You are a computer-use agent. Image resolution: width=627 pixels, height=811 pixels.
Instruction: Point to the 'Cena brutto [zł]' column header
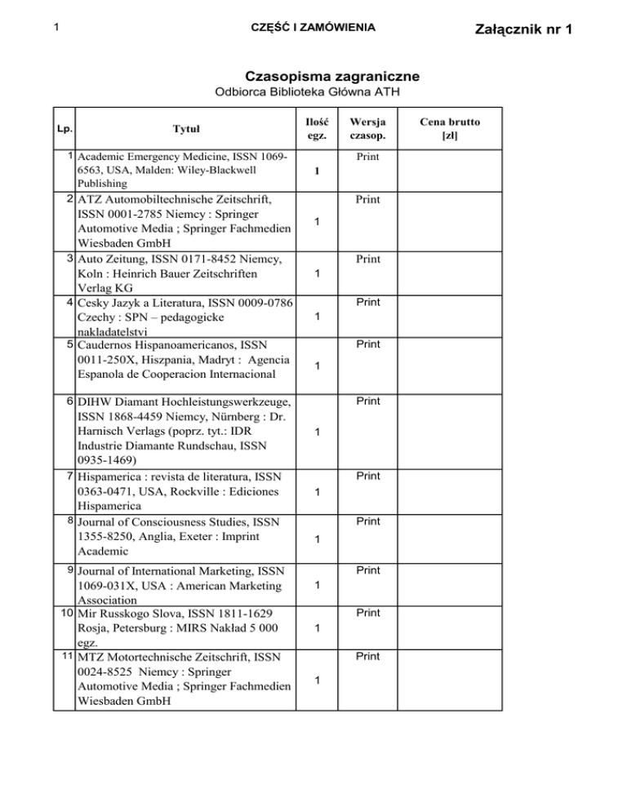[450, 129]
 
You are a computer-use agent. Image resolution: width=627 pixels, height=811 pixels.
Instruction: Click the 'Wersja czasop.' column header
[369, 129]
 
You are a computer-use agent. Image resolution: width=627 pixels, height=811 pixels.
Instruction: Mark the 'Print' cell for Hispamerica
[368, 475]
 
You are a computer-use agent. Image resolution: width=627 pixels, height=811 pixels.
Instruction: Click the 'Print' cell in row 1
[368, 155]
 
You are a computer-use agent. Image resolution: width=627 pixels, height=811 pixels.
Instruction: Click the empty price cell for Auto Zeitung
[450, 273]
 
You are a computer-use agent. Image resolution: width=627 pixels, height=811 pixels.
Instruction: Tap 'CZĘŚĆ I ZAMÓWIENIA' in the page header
[313, 29]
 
